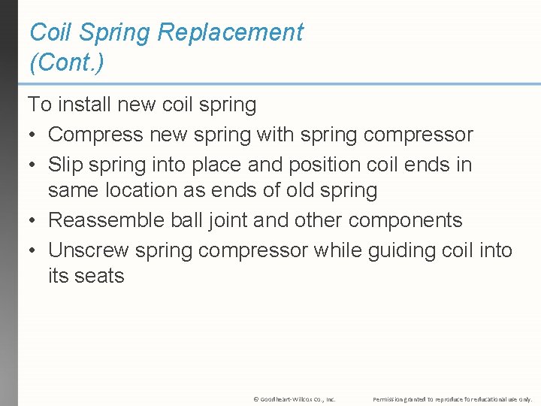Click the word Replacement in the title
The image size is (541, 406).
pos(239,32)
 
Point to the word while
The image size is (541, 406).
pos(336,249)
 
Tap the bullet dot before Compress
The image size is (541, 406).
pos(32,135)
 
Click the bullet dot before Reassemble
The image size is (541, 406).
pos(32,221)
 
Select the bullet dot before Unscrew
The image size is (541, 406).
pos(32,250)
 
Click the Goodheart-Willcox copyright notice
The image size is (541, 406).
pos(295,398)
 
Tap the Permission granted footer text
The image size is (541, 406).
pos(452,398)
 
